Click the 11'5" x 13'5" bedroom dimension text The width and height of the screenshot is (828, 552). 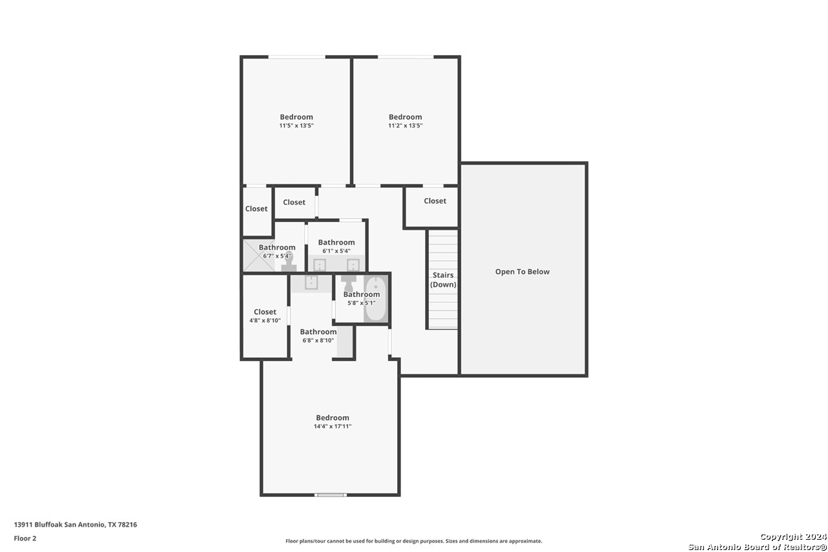coord(296,126)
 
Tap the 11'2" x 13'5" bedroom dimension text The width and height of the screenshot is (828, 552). coord(405,126)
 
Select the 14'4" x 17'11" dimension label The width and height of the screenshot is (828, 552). coord(332,426)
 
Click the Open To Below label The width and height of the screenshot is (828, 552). coord(522,272)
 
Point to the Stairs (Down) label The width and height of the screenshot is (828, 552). coord(443,280)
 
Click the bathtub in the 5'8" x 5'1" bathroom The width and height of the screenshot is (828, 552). coord(376,298)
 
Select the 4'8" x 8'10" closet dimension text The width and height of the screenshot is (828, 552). coord(265,320)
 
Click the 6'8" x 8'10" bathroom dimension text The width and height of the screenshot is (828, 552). coord(318,340)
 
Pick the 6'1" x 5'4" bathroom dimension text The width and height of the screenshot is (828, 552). coord(336,251)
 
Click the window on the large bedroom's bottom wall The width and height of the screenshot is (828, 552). coord(331,494)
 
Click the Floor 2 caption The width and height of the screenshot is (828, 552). coord(25,538)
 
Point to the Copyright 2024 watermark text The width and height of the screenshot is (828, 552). coord(793,537)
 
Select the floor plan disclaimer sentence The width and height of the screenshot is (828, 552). coord(413,541)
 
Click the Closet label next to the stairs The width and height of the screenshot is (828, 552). coord(435,201)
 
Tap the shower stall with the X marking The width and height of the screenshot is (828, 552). coord(258,256)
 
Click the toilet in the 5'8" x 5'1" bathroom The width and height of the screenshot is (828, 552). coord(349,283)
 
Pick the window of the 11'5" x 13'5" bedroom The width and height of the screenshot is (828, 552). coord(296,57)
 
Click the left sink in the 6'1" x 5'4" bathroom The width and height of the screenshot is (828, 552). coord(320,265)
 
